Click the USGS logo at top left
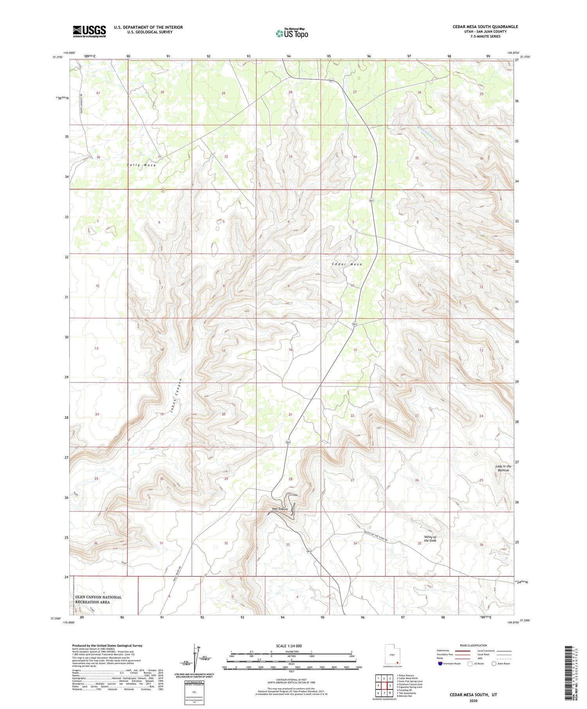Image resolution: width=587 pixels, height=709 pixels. [89, 31]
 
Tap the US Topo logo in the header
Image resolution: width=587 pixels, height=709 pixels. [292, 34]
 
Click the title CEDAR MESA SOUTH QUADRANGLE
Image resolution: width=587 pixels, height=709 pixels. [485, 27]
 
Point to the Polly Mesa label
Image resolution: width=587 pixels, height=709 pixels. [141, 165]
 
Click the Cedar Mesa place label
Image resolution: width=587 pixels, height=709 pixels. [347, 264]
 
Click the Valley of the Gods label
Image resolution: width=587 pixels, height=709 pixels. [430, 538]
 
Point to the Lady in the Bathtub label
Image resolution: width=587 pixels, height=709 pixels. [503, 468]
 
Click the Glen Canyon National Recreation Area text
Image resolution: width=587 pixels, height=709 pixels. [98, 600]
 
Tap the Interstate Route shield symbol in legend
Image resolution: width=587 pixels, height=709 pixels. [440, 664]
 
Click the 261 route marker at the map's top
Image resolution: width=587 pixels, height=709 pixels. [331, 81]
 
